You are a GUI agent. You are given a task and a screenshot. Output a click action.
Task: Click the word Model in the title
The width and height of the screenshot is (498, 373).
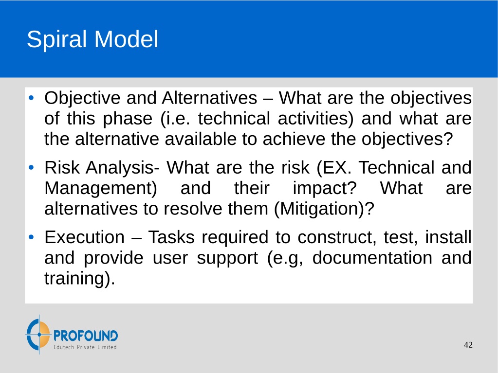[127, 39]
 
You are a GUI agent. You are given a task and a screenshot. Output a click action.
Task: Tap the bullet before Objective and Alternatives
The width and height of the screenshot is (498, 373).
[31, 98]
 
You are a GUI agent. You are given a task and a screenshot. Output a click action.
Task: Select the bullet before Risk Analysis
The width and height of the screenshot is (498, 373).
[31, 167]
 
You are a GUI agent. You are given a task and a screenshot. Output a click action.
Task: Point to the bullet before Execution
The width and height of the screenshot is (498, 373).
[31, 237]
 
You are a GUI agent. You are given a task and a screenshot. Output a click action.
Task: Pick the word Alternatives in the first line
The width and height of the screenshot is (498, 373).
[209, 98]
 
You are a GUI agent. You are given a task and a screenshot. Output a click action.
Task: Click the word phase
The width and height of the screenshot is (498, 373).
[128, 119]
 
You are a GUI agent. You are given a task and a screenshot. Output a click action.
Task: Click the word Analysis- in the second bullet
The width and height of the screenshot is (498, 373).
[123, 168]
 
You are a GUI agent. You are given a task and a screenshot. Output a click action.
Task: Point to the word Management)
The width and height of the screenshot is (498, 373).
[101, 189]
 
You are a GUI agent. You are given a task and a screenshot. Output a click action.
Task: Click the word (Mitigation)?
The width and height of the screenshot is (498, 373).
[324, 210]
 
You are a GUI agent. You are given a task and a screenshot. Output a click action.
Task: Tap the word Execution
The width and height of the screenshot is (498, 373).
[85, 237]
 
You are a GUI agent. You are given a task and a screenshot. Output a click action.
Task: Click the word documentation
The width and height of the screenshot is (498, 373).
[372, 258]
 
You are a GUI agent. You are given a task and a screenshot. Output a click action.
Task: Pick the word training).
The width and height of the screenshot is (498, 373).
[80, 279]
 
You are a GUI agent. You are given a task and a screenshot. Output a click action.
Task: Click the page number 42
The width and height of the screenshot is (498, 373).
[468, 345]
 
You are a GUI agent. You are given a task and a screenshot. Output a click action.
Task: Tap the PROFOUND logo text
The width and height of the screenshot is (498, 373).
[86, 336]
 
